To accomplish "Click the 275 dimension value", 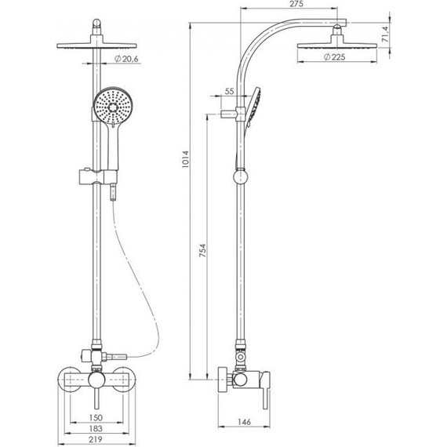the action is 296,4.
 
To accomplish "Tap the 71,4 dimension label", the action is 385,35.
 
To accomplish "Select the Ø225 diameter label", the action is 334,57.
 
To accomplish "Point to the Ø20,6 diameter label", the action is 126,59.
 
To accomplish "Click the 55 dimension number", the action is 229,91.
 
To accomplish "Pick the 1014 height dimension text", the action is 185,159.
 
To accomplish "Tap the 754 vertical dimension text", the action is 202,250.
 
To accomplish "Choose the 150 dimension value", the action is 96,418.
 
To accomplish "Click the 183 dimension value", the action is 96,428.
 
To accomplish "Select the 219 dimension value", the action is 96,439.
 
